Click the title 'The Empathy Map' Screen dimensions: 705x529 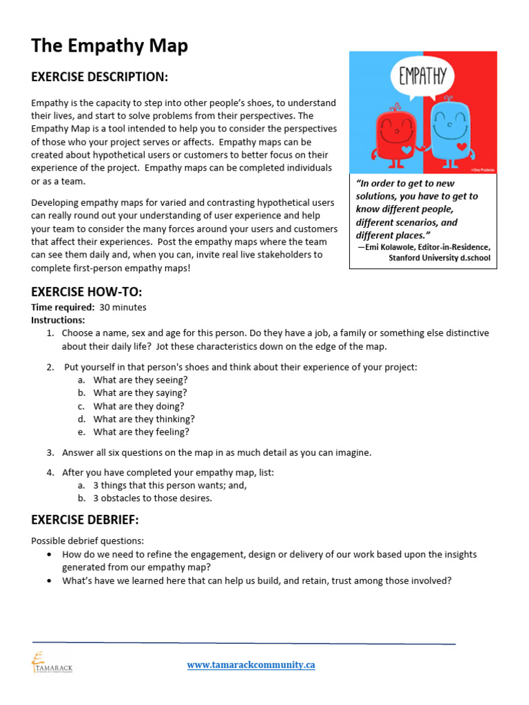point(110,46)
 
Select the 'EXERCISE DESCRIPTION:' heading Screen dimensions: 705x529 point(99,76)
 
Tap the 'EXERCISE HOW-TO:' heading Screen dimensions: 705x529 point(86,291)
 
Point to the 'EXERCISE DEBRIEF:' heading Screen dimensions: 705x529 point(85,519)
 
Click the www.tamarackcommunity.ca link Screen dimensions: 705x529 point(251,665)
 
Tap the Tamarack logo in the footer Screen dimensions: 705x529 point(52,662)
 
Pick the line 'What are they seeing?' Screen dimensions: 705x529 point(140,380)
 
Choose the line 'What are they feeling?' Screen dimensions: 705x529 point(141,432)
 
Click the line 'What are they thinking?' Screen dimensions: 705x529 point(144,419)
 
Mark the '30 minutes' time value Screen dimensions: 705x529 point(123,308)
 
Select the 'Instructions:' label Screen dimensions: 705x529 point(58,320)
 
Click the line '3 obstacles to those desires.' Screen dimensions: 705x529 point(153,498)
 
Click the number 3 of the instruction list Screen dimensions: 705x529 point(50,453)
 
